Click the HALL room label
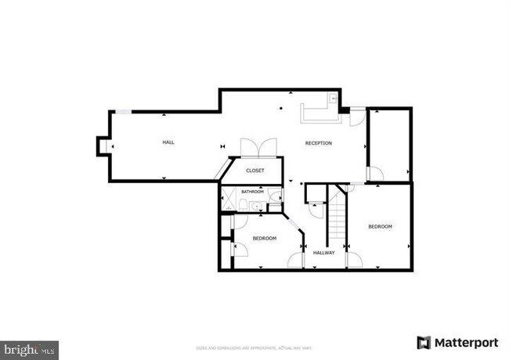tap(168, 142)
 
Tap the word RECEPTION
tap(319, 143)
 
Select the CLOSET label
tap(255, 171)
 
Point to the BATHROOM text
tap(252, 192)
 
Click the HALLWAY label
tap(324, 253)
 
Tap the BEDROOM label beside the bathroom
tap(264, 238)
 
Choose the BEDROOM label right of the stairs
tap(380, 226)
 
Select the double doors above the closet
tap(257, 148)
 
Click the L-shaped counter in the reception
tap(318, 114)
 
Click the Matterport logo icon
tap(424, 343)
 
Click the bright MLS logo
tap(29, 346)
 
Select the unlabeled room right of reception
tap(389, 145)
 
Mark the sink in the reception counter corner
tap(333, 99)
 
